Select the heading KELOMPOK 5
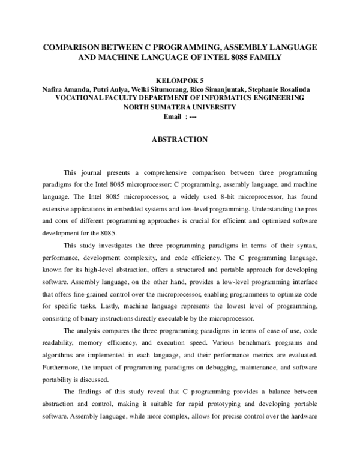(x=180, y=80)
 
